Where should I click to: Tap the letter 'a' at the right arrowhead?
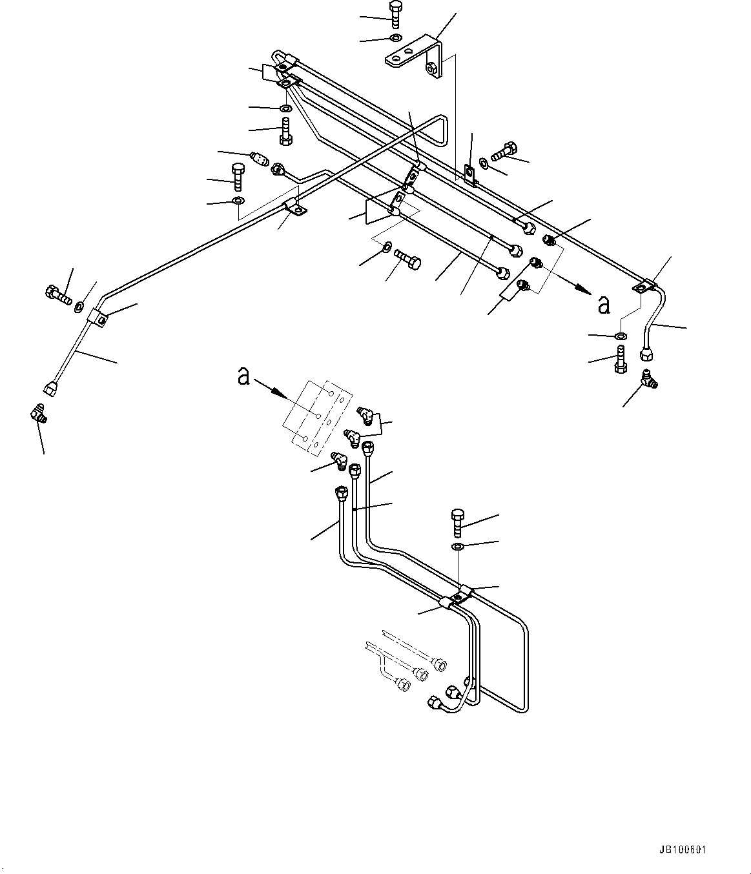tap(604, 305)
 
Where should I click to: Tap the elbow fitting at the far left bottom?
tap(37, 414)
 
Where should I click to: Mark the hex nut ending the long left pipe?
tap(50, 389)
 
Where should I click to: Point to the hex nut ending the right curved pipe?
tap(646, 354)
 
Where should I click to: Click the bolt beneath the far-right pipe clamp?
tap(621, 358)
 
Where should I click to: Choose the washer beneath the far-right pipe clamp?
tap(620, 336)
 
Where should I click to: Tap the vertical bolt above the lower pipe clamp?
tap(458, 521)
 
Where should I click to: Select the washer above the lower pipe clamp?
tap(457, 547)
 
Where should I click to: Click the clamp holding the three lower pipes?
tap(456, 598)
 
